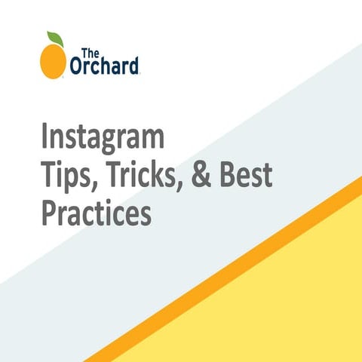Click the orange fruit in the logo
tap(52, 60)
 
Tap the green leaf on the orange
tap(55, 38)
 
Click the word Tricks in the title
tap(141, 178)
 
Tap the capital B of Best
tap(227, 178)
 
